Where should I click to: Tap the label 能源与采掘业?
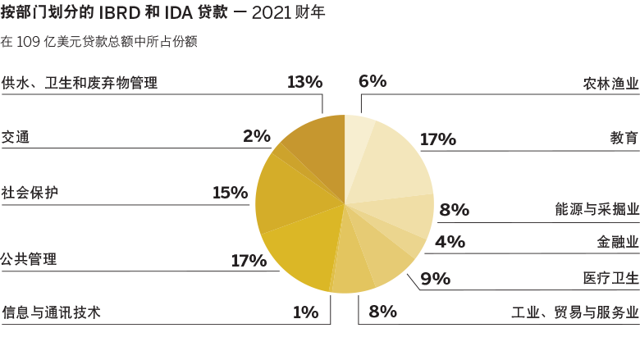pyautogui.click(x=597, y=209)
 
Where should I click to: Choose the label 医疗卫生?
pyautogui.click(x=610, y=278)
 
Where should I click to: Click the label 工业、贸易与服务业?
pyautogui.click(x=574, y=312)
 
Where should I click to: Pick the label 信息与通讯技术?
pyautogui.click(x=51, y=312)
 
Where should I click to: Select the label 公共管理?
pyautogui.click(x=30, y=260)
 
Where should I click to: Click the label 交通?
pyautogui.click(x=16, y=137)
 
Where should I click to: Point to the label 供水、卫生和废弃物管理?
pyautogui.click(x=79, y=83)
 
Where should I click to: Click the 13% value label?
pyautogui.click(x=304, y=82)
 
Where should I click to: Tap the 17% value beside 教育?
pyautogui.click(x=437, y=139)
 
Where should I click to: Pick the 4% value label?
pyautogui.click(x=450, y=242)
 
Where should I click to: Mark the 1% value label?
pyautogui.click(x=304, y=312)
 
